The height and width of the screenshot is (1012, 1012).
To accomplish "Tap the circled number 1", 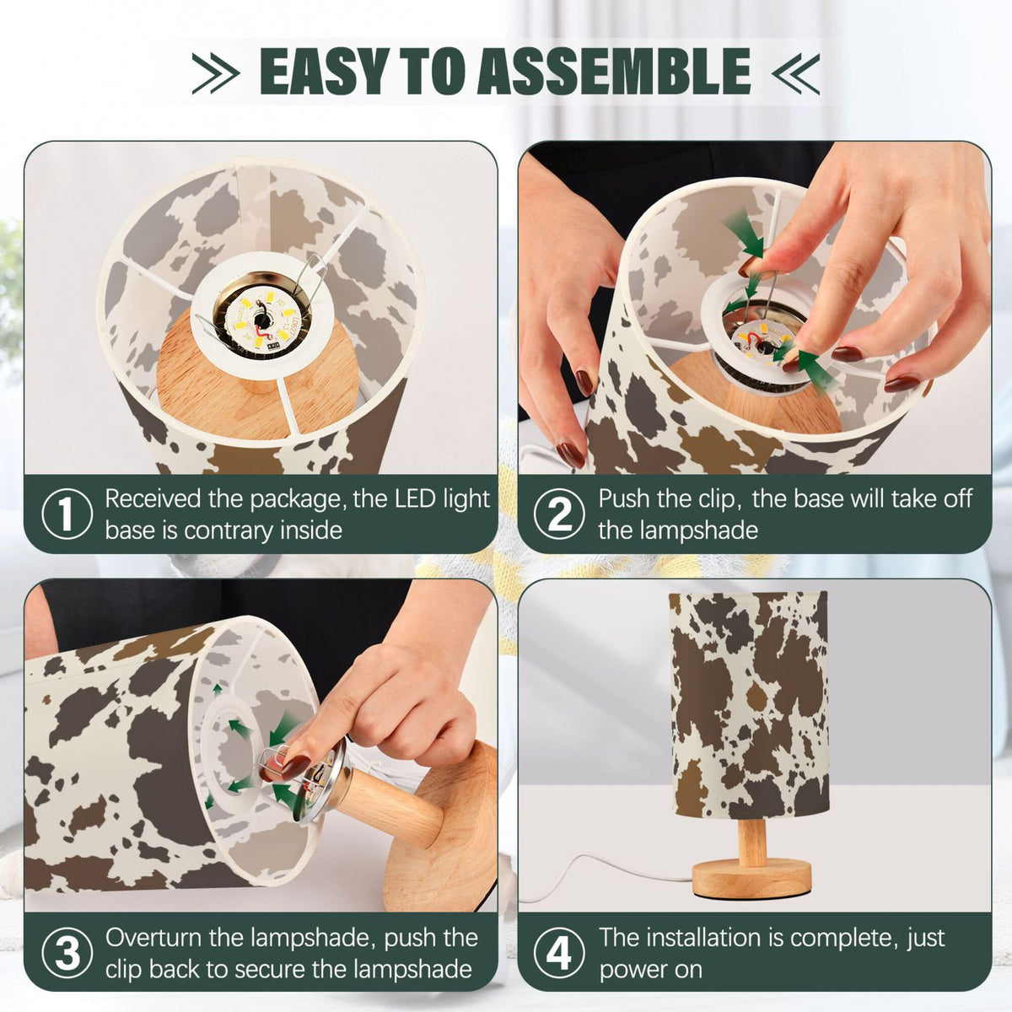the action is pos(67,514).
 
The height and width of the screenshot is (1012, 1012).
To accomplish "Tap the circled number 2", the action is pos(559,514).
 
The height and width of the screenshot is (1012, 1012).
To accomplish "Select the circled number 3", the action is pos(67,953).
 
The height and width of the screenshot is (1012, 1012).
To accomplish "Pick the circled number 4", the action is pos(559,953).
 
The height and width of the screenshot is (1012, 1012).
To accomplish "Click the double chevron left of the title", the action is pos(216,73).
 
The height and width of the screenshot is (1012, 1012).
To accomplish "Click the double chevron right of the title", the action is pos(795,73).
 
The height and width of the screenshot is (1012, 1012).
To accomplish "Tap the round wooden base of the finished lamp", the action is pos(751,877).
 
